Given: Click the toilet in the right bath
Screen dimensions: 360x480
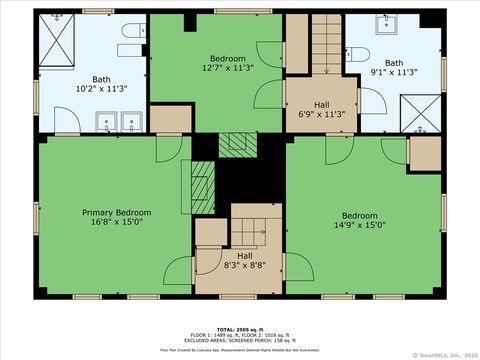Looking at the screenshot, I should (361, 55).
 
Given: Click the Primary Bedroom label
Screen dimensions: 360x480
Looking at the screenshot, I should (117, 213).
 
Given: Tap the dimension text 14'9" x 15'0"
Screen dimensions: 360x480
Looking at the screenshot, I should (360, 225).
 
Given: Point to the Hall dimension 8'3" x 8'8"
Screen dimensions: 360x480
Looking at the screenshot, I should (245, 266).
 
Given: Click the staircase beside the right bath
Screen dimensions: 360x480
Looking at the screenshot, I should (327, 45).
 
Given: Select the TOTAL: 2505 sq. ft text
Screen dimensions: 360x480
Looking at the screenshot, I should (240, 327).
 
